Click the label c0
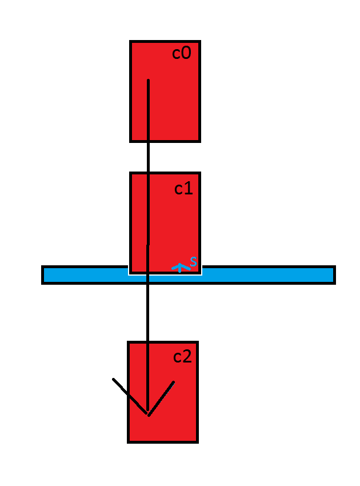pos(181,54)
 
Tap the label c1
pos(183,188)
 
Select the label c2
pos(182,357)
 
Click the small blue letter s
pos(194,262)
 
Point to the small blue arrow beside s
pos(180,267)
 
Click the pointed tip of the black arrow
pos(148,415)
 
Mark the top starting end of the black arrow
pos(148,81)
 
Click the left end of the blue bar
pos(44,275)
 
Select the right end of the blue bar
pos(333,275)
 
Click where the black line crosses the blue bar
pos(147,275)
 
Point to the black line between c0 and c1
pos(148,157)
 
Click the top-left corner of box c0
pos(131,42)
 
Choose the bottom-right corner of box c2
pos(197,441)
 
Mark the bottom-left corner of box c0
pos(131,140)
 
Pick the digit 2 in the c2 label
pos(187,357)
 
